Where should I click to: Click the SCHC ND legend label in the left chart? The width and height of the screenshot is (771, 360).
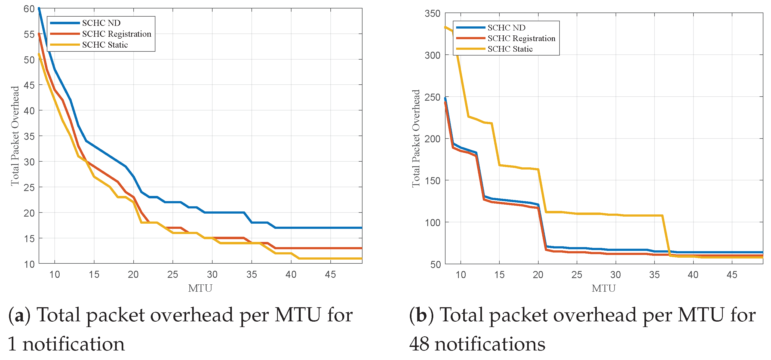101,23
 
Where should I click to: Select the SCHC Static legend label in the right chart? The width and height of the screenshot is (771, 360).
510,49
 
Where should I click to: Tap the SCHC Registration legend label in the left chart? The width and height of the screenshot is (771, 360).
116,34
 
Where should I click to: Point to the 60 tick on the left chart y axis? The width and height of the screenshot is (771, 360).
29,9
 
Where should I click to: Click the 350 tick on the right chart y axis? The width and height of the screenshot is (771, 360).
432,14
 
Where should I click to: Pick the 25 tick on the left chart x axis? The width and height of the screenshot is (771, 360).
173,274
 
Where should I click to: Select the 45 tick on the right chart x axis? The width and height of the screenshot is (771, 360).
732,274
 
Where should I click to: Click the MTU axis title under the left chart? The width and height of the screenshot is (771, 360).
200,288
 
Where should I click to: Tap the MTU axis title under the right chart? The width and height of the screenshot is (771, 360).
603,288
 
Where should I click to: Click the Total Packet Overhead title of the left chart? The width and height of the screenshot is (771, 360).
15,136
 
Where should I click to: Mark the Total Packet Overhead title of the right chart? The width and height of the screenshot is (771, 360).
416,138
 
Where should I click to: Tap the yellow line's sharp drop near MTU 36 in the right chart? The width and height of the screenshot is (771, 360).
666,236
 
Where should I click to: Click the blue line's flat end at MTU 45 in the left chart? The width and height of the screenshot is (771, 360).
330,228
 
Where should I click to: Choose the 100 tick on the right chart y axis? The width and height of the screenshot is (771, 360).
432,223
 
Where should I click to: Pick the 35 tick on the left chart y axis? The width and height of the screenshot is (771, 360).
29,136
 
